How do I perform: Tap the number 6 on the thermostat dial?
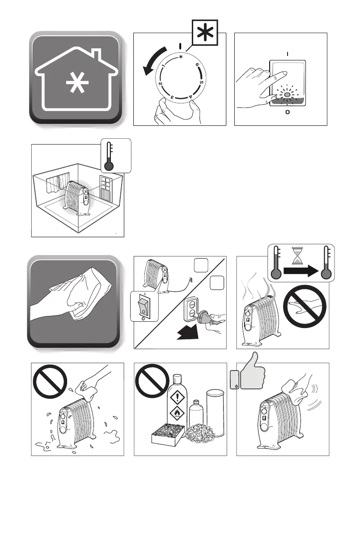tap(197, 65)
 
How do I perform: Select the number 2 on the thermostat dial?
tap(160, 84)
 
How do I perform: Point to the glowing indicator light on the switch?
tap(287, 95)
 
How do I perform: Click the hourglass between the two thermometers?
tap(296, 257)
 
